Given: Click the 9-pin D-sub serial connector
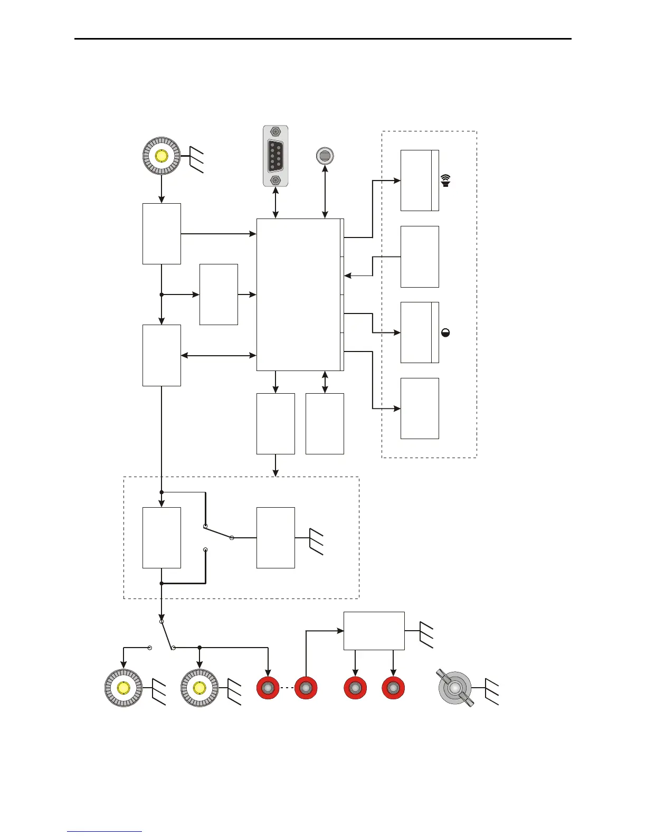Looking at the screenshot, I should [275, 156].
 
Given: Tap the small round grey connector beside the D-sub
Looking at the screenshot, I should [325, 156].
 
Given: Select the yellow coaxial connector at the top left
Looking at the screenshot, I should [161, 156].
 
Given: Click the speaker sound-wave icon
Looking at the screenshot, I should [446, 180].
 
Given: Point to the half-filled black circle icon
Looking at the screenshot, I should [445, 332].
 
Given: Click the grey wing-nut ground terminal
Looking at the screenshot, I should [455, 688].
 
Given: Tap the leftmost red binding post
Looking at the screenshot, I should [268, 688].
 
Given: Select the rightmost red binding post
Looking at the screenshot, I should [393, 688].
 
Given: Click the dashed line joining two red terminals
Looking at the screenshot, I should [287, 688].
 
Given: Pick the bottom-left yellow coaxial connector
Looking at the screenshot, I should [123, 688].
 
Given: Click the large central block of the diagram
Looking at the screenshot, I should [299, 294].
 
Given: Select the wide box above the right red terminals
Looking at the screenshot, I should [374, 631].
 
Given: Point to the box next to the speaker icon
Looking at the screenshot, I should [420, 180].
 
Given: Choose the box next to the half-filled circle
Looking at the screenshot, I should [420, 332].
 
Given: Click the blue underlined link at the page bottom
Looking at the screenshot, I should [104, 832].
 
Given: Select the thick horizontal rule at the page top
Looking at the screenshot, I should [323, 39].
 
